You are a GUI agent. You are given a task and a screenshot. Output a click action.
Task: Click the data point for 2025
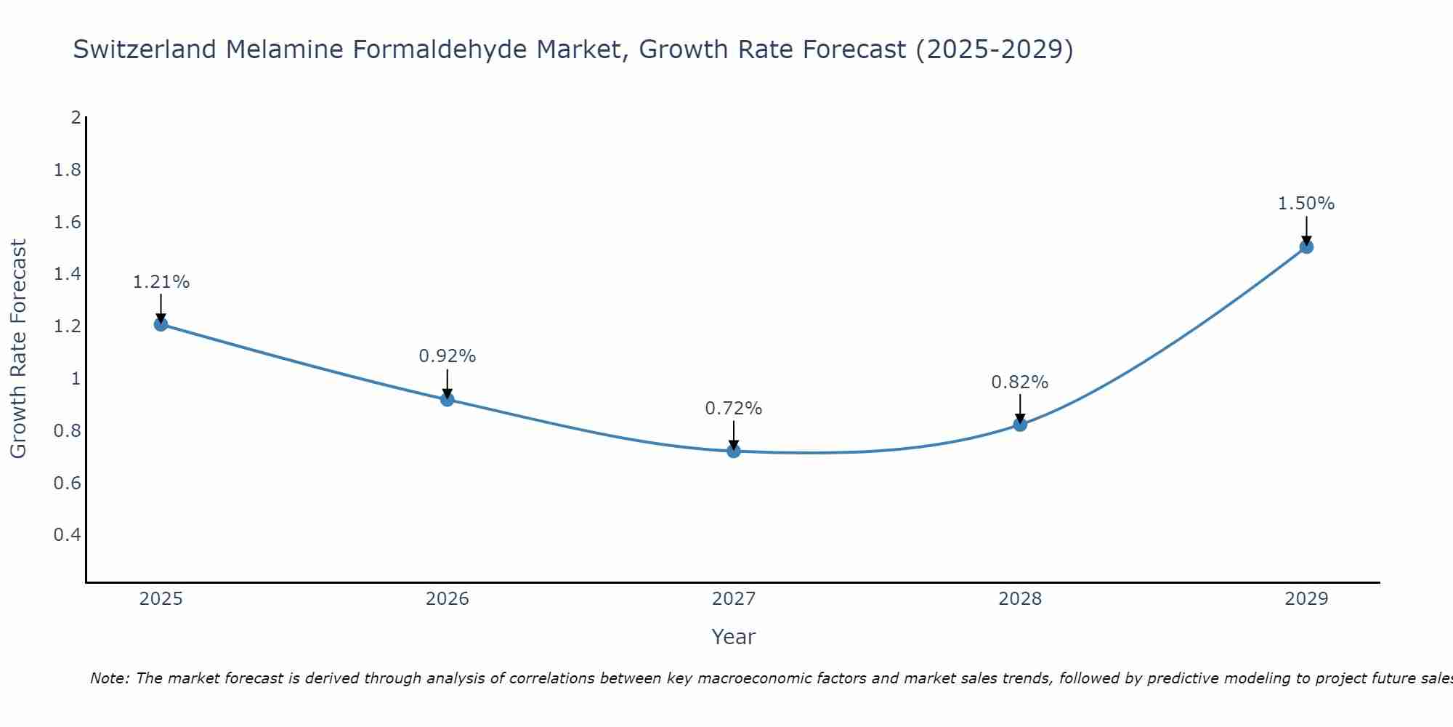click(x=161, y=324)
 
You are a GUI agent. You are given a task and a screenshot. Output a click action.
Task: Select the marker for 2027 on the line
click(x=734, y=451)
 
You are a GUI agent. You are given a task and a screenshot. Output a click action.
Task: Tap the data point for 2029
click(x=1306, y=247)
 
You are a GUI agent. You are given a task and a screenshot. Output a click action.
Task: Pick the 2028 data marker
click(x=1020, y=425)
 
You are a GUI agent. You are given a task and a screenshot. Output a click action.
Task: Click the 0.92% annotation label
click(x=448, y=356)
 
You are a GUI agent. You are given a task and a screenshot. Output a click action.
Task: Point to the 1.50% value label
click(x=1306, y=204)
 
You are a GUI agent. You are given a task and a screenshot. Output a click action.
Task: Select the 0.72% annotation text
click(x=734, y=409)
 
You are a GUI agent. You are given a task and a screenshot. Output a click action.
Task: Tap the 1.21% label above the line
click(x=161, y=282)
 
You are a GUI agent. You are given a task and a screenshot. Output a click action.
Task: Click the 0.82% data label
click(x=1020, y=382)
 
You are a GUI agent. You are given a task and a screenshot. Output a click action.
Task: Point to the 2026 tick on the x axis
click(x=448, y=599)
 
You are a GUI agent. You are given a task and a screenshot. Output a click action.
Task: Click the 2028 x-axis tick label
click(x=1020, y=599)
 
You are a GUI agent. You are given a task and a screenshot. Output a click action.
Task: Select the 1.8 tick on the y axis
click(x=68, y=170)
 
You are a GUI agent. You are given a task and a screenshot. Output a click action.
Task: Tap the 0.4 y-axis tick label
click(x=68, y=535)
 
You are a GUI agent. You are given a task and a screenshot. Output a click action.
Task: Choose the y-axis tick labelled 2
click(x=76, y=118)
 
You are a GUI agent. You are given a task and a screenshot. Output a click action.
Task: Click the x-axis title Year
click(x=734, y=637)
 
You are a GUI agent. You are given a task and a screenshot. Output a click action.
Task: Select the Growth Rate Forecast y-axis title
click(x=19, y=349)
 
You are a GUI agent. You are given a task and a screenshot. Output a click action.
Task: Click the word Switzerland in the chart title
click(x=145, y=49)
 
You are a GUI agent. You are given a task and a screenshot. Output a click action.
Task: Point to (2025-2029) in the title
click(x=994, y=49)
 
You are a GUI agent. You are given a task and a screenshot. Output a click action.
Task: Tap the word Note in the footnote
click(x=109, y=678)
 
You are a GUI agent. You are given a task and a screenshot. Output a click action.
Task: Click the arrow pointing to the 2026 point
click(x=448, y=383)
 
